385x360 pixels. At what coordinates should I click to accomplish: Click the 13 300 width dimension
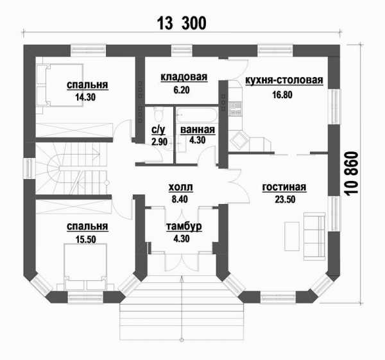[x=182, y=23]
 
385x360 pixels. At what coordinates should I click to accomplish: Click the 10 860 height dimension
[x=352, y=174]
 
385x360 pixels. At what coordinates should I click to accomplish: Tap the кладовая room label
[x=184, y=77]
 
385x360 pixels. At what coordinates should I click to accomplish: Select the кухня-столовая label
[x=284, y=80]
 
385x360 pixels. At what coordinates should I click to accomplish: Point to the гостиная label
[x=284, y=187]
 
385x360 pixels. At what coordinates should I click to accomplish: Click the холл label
[x=181, y=187]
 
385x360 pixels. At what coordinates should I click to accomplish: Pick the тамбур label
[x=184, y=227]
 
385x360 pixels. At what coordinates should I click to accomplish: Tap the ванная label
[x=198, y=130]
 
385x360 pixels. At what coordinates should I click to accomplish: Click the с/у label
[x=158, y=130]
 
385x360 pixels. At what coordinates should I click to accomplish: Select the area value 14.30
[x=85, y=98]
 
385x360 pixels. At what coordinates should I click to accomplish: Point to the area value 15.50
[x=85, y=239]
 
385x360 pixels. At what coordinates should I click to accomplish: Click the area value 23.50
[x=285, y=200]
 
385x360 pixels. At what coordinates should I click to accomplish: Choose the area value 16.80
[x=282, y=94]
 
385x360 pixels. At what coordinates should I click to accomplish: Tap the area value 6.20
[x=182, y=90]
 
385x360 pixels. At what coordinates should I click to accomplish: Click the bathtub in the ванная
[x=197, y=115]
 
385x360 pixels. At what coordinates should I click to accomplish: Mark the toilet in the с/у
[x=158, y=114]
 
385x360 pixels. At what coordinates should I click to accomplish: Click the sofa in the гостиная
[x=314, y=236]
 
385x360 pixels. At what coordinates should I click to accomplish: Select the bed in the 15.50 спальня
[x=85, y=267]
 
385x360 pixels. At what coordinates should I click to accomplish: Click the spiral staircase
[x=72, y=169]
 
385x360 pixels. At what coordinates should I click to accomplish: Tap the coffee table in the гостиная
[x=292, y=236]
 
